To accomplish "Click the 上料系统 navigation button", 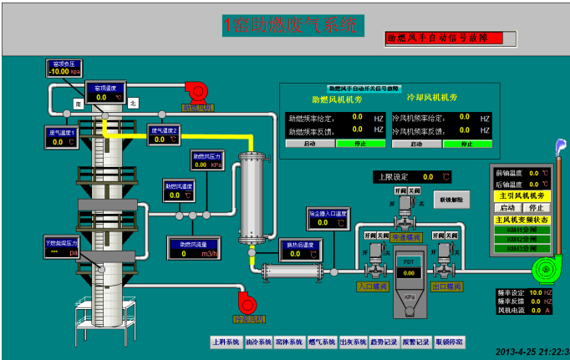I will tap(225, 342).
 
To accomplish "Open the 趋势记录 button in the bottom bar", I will tap(385, 342).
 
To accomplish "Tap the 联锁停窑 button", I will tap(450, 342).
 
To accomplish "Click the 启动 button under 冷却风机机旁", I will tap(416, 144).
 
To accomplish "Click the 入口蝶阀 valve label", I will tap(374, 286).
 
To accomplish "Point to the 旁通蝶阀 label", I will tap(407, 237).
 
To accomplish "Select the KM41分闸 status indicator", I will tap(522, 229).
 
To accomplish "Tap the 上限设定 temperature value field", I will tap(428, 177).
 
